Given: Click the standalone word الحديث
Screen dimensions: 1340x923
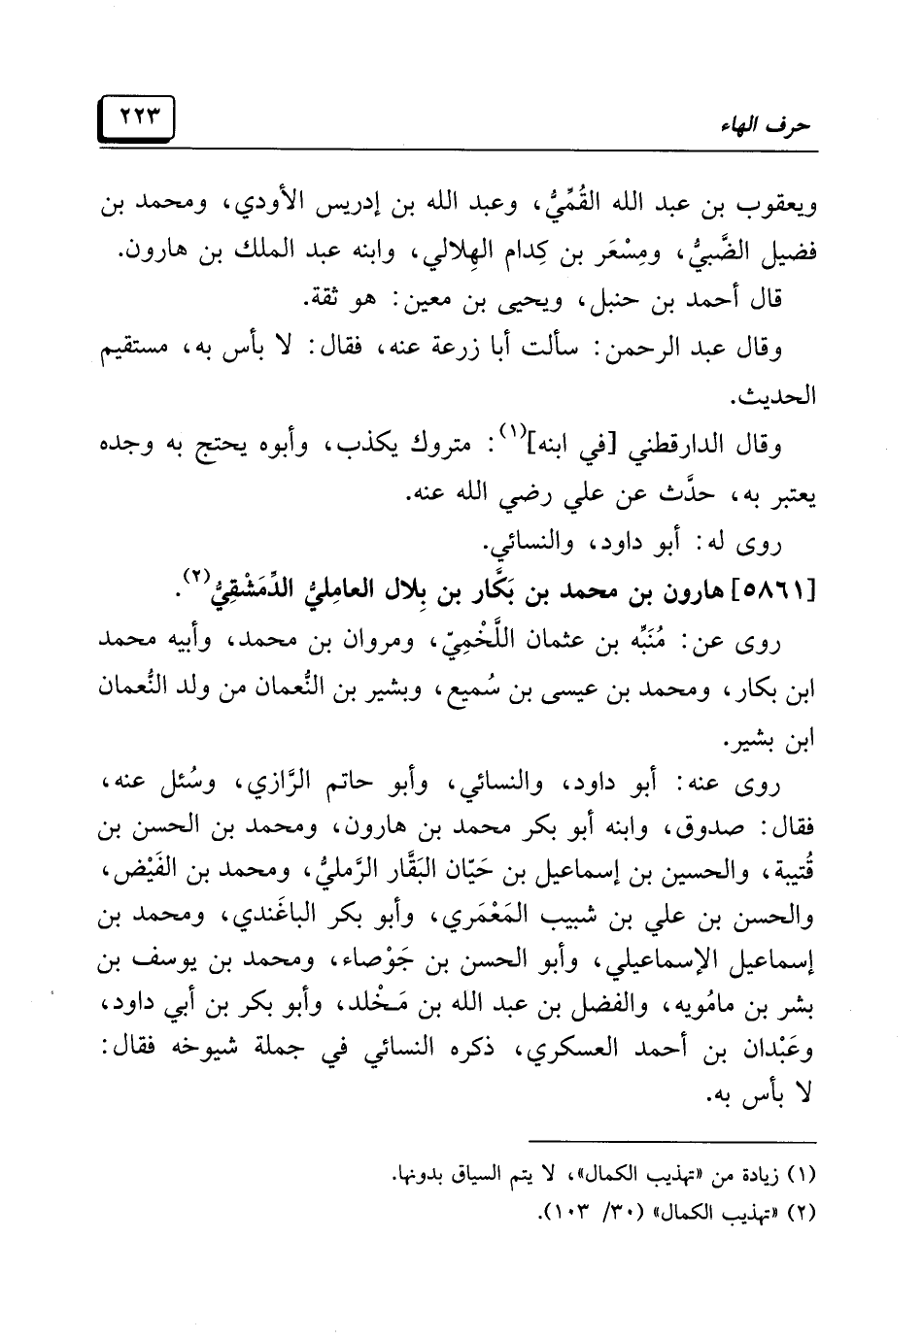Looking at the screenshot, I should [x=782, y=396].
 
